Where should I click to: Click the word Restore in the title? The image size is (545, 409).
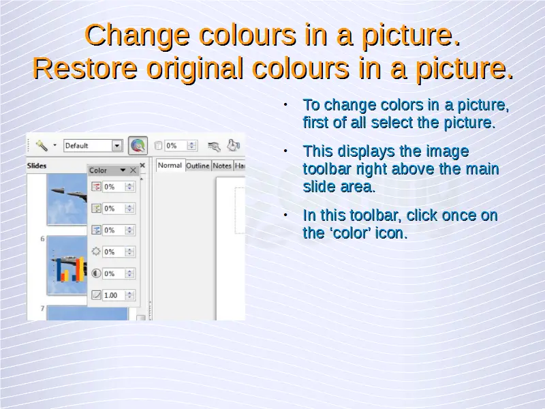pos(85,68)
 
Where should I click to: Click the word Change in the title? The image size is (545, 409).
pos(138,36)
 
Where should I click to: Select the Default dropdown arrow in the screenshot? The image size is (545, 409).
pos(117,146)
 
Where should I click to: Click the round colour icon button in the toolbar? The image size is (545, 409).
pos(138,146)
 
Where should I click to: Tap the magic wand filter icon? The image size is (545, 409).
pos(42,145)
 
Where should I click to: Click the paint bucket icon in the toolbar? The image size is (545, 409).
pos(234,145)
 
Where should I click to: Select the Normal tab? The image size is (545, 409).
pos(170,166)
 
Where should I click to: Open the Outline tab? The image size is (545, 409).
pos(198,166)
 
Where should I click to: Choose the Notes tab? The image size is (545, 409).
pos(222,166)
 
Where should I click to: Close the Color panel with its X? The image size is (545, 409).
pos(133,170)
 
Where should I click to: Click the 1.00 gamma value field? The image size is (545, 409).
pos(114,295)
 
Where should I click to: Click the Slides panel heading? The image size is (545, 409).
pos(37,166)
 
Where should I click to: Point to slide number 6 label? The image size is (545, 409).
pos(42,239)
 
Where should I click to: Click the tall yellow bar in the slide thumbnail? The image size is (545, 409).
pos(80,269)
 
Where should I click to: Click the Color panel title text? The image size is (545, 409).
pos(98,170)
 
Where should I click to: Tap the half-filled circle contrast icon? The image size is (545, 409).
pos(96,273)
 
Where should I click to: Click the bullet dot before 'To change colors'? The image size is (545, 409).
pos(285,105)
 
